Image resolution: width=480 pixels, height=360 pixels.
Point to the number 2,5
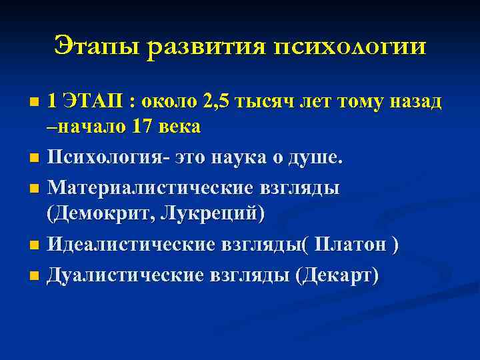[x=220, y=101]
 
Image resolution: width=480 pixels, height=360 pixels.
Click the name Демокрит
[x=106, y=213]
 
